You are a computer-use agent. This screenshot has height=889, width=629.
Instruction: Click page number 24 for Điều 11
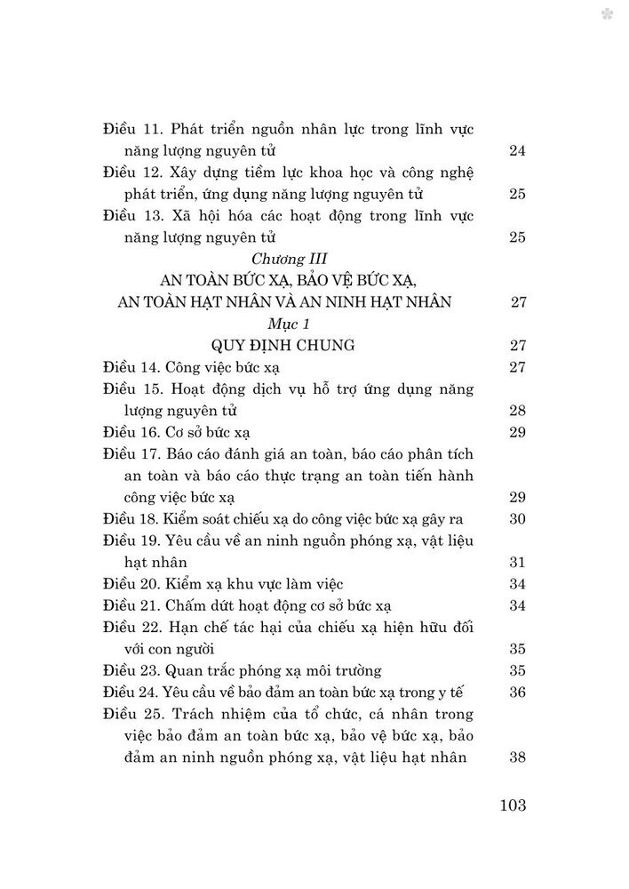518,151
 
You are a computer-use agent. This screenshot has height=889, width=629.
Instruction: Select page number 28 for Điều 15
518,412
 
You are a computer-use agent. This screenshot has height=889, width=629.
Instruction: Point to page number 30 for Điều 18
518,519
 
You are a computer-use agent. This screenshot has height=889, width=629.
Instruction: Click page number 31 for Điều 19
518,563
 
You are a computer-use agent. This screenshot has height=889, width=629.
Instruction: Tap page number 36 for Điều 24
518,693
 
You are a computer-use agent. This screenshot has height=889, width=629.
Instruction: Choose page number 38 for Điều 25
518,757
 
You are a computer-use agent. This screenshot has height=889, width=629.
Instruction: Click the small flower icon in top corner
605,14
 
